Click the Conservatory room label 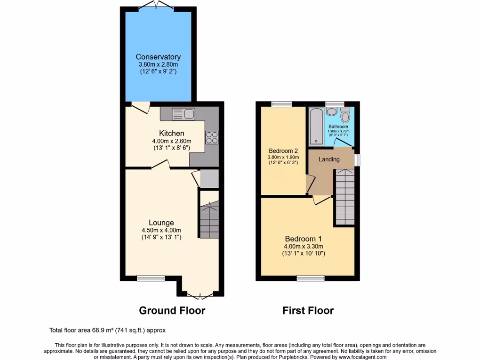(158, 57)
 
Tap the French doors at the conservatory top (158, 4)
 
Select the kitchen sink (183, 113)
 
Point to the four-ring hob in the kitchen (211, 136)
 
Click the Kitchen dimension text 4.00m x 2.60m (171, 141)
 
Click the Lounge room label (161, 223)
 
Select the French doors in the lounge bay (200, 295)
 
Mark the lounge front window (148, 278)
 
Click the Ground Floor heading (172, 310)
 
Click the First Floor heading (308, 310)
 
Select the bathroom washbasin (331, 111)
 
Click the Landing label (329, 159)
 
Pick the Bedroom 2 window (281, 104)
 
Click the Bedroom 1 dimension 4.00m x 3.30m (304, 247)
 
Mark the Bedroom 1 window (310, 278)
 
